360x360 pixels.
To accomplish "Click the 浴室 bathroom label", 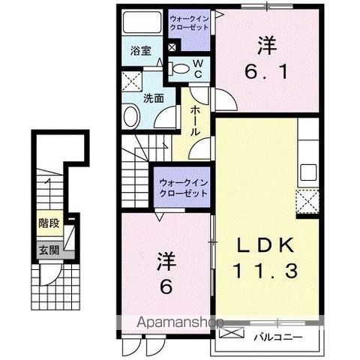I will [139, 52].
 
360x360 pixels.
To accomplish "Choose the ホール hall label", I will [193, 120].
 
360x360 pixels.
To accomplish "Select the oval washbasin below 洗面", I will [130, 117].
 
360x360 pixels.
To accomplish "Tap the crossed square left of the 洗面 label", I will [132, 82].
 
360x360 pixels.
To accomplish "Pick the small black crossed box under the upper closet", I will [172, 48].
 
